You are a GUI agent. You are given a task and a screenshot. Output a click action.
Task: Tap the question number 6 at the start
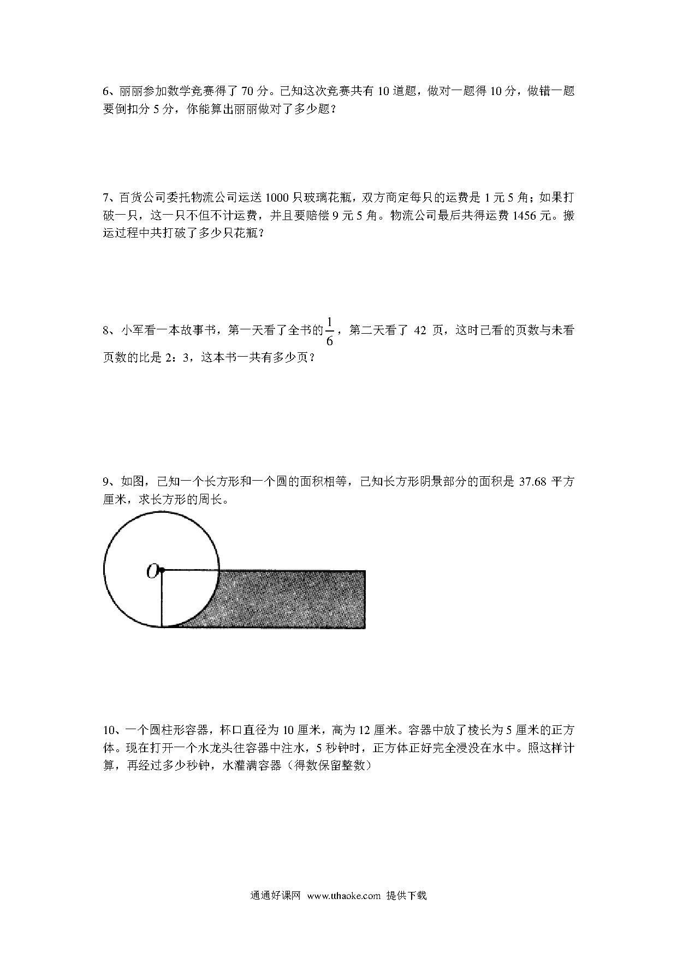pos(106,91)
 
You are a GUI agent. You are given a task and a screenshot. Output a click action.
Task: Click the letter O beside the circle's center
pos(151,571)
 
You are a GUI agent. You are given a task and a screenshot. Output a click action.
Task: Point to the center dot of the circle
pos(162,571)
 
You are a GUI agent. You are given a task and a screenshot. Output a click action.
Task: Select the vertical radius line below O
pos(162,599)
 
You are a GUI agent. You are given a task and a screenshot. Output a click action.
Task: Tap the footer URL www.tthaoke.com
pos(343,896)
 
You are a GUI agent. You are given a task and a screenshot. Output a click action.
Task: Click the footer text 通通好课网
pos(275,896)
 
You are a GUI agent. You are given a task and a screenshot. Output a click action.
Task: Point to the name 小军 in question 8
pos(131,330)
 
